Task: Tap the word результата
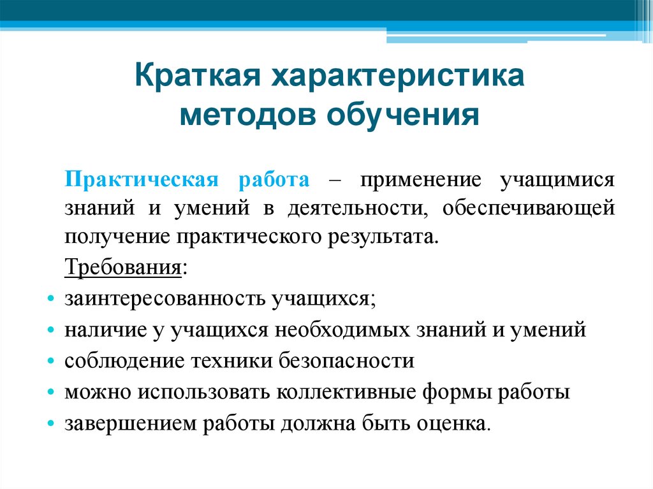[385, 237]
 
